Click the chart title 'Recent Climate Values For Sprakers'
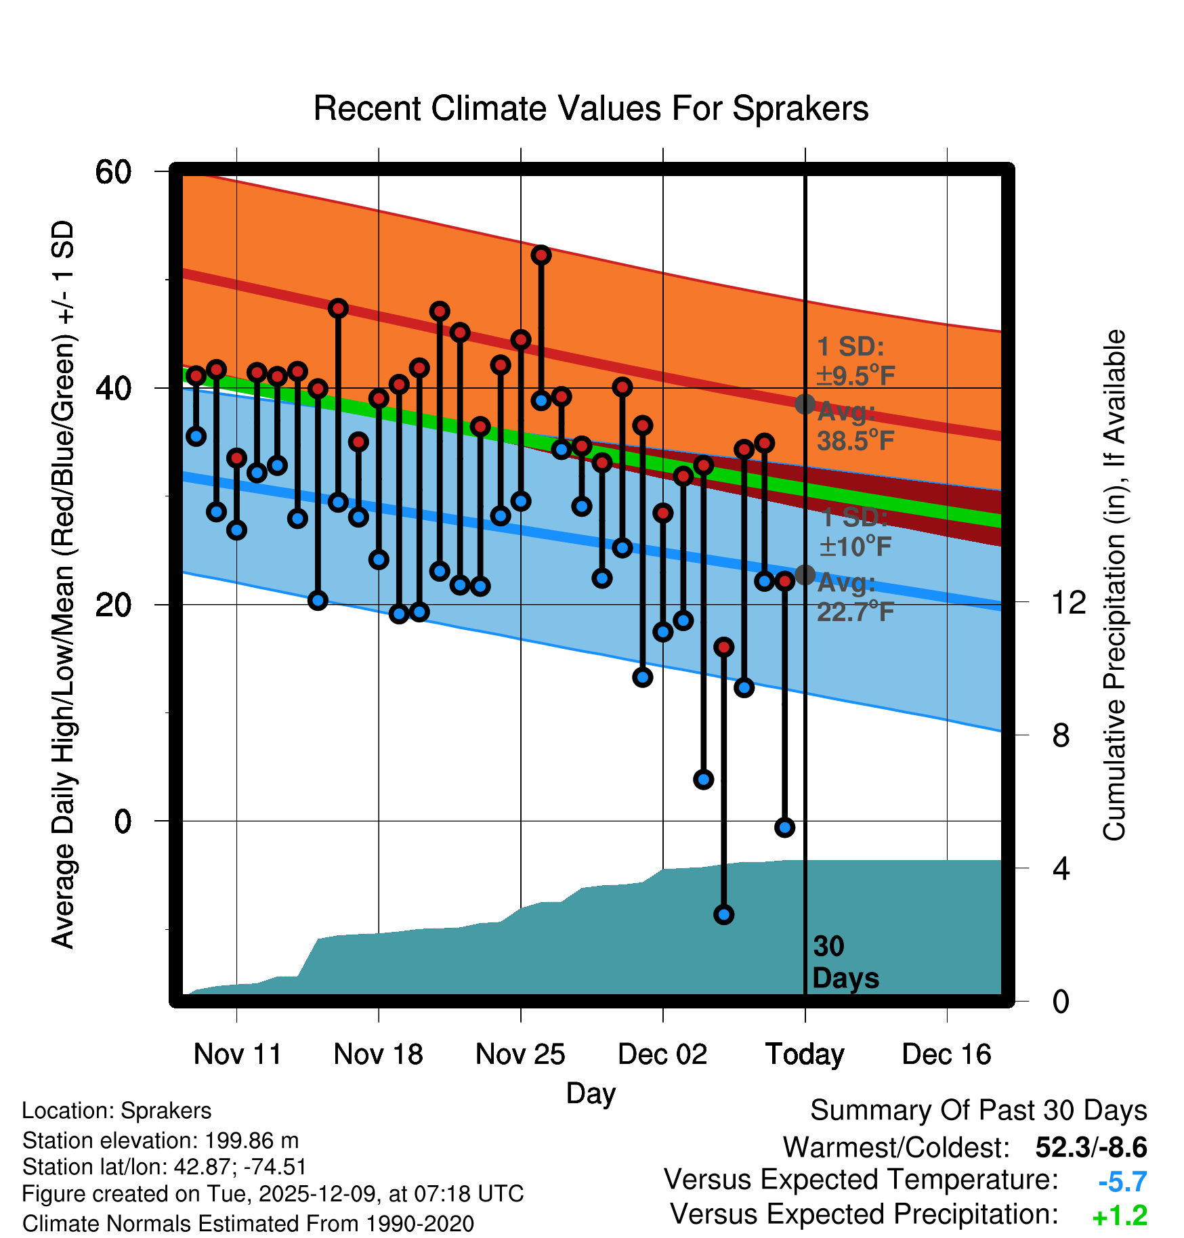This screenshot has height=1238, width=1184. pyautogui.click(x=591, y=108)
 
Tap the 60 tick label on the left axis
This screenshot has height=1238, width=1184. pyautogui.click(x=113, y=172)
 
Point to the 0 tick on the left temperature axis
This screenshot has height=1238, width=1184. pyautogui.click(x=123, y=821)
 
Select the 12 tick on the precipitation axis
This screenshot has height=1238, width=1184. pyautogui.click(x=1069, y=602)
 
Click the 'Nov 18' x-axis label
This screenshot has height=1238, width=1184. pyautogui.click(x=378, y=1054)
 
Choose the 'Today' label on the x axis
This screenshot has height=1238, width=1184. pyautogui.click(x=805, y=1054)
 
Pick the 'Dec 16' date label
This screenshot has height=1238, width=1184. pyautogui.click(x=946, y=1054)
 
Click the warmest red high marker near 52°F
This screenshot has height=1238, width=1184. pyautogui.click(x=541, y=255)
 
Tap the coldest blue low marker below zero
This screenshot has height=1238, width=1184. pyautogui.click(x=723, y=915)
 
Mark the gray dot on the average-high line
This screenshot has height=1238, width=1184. pyautogui.click(x=805, y=404)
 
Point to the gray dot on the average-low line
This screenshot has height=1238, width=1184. pyautogui.click(x=805, y=574)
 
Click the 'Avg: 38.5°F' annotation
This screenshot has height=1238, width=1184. pyautogui.click(x=855, y=427)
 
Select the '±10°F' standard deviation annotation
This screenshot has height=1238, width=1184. pyautogui.click(x=855, y=546)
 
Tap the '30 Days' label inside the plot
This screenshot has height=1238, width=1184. pyautogui.click(x=845, y=962)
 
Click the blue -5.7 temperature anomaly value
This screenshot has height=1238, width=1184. pyautogui.click(x=1122, y=1182)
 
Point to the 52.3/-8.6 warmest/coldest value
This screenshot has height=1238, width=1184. pyautogui.click(x=1091, y=1147)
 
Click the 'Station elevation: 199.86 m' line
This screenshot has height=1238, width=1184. pyautogui.click(x=161, y=1140)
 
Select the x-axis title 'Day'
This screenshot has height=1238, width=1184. pyautogui.click(x=591, y=1093)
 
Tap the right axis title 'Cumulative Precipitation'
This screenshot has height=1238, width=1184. pyautogui.click(x=1114, y=585)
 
